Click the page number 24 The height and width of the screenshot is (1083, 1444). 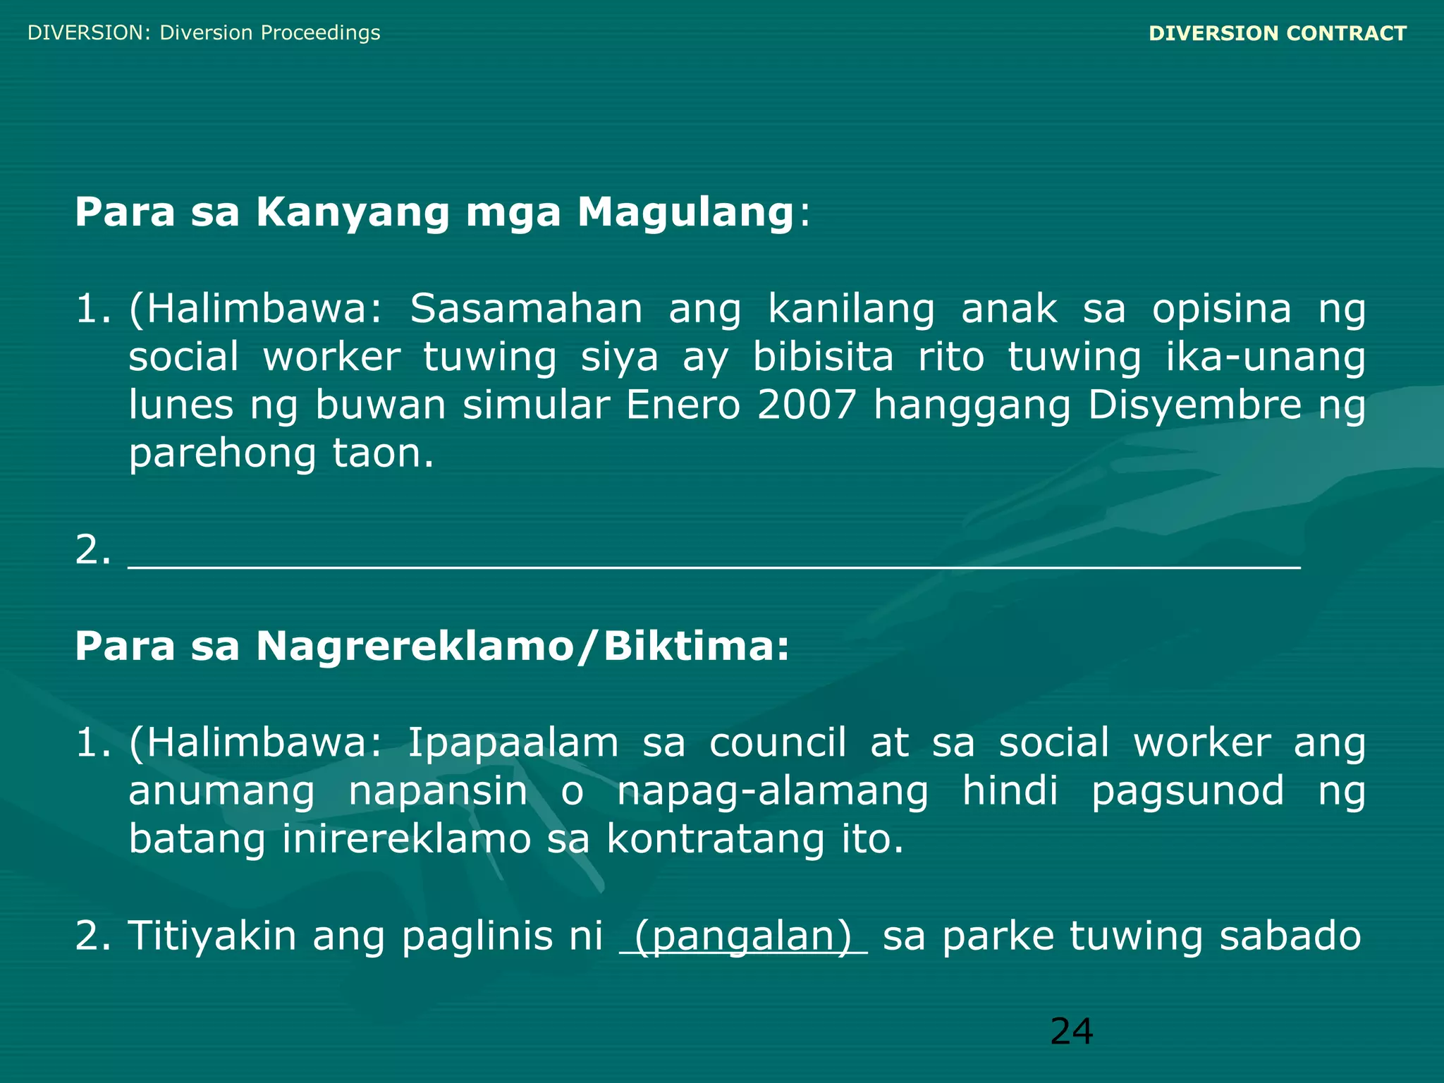coord(1071,1032)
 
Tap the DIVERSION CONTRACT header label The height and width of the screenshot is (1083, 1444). coord(1278,33)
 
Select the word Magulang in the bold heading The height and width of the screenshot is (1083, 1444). coord(685,212)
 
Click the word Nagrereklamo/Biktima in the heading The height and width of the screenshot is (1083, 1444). coord(522,646)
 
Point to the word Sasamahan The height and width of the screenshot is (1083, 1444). coord(526,309)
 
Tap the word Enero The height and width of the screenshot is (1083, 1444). coord(683,405)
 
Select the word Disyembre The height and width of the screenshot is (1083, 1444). coord(1194,405)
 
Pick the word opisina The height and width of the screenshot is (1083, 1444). coord(1221,310)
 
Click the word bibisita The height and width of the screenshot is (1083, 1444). coord(823,357)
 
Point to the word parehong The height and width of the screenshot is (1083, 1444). coord(222,454)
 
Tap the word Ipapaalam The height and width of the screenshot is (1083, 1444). coord(513,743)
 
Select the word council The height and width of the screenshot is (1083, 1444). coord(777,743)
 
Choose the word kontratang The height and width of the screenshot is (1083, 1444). coord(715,839)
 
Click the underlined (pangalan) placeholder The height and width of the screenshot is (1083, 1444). coord(743,936)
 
